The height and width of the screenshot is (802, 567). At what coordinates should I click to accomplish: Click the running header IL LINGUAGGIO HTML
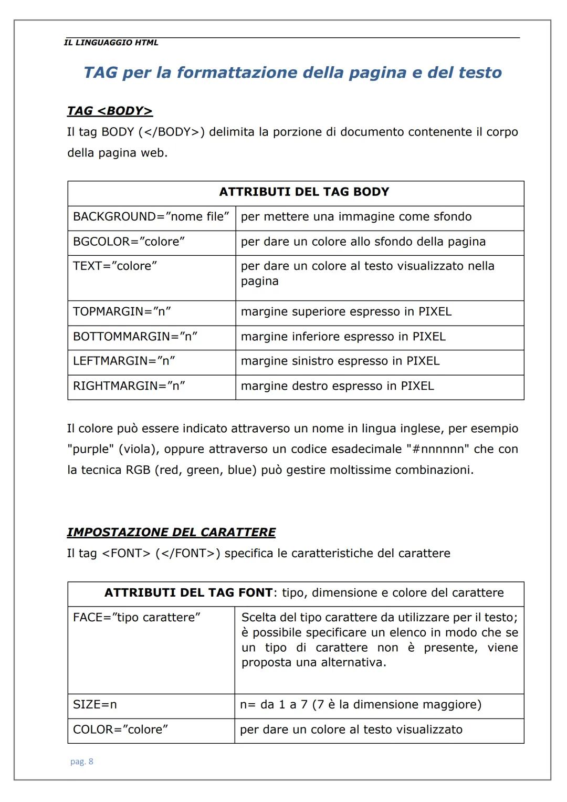pyautogui.click(x=111, y=43)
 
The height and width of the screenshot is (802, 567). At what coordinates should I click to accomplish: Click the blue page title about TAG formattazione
pyautogui.click(x=292, y=72)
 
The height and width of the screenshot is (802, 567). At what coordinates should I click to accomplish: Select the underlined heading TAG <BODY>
pyautogui.click(x=110, y=111)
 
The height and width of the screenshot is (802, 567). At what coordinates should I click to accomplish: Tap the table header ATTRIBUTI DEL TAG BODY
pyautogui.click(x=304, y=192)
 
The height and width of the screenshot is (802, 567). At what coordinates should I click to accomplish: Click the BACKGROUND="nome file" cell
pyautogui.click(x=151, y=217)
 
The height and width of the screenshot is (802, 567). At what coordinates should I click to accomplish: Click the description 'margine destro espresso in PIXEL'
pyautogui.click(x=337, y=386)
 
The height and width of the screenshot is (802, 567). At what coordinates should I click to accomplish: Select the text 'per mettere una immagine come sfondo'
pyautogui.click(x=356, y=217)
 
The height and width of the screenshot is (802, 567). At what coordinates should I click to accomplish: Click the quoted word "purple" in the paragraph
pyautogui.click(x=90, y=450)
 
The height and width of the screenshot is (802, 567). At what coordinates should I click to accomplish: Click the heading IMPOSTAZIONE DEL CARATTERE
pyautogui.click(x=171, y=533)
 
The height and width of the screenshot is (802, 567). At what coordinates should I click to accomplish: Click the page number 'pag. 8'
pyautogui.click(x=82, y=762)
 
